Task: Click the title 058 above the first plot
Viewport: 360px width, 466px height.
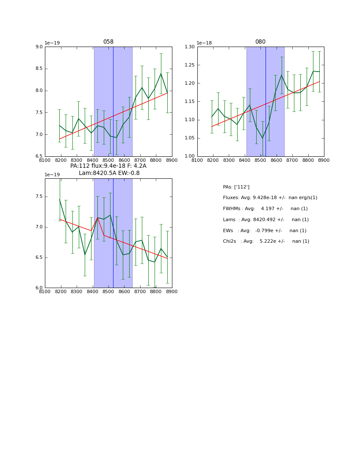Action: pos(108,42)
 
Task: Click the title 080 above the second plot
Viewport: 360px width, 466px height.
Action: pos(260,42)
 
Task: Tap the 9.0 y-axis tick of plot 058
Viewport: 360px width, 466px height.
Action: pos(39,47)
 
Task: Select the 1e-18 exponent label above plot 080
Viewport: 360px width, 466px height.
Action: pos(204,43)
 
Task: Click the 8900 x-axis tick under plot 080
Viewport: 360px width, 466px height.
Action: pos(324,160)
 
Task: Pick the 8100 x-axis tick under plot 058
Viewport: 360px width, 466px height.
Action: pos(45,160)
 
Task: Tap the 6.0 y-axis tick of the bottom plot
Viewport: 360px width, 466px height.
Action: pos(39,288)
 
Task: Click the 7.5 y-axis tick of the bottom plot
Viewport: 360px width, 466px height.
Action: pos(39,197)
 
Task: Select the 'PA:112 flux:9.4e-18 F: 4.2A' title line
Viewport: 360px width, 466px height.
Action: pos(108,166)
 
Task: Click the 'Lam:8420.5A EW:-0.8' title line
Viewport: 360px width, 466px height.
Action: pos(109,173)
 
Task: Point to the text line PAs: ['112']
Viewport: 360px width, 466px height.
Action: pos(236,187)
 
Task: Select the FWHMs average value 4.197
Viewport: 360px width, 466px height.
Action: pos(269,209)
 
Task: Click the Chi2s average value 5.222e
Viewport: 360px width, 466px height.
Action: pos(269,241)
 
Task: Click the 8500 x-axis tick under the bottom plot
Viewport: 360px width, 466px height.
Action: pos(108,291)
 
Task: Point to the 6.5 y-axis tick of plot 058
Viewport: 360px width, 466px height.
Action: pos(39,156)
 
